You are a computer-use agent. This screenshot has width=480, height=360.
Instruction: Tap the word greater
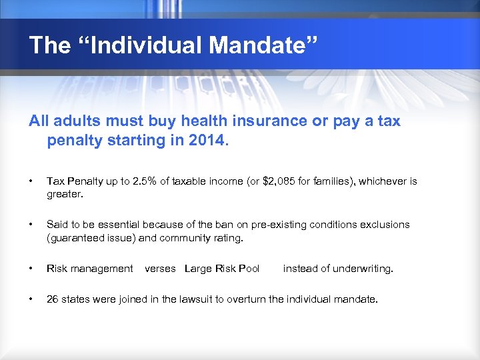pos(64,194)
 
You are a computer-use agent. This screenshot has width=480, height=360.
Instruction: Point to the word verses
pos(160,269)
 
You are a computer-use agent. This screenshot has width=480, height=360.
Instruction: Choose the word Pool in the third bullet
pos(248,269)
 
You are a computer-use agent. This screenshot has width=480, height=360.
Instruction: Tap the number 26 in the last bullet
pos(52,299)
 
